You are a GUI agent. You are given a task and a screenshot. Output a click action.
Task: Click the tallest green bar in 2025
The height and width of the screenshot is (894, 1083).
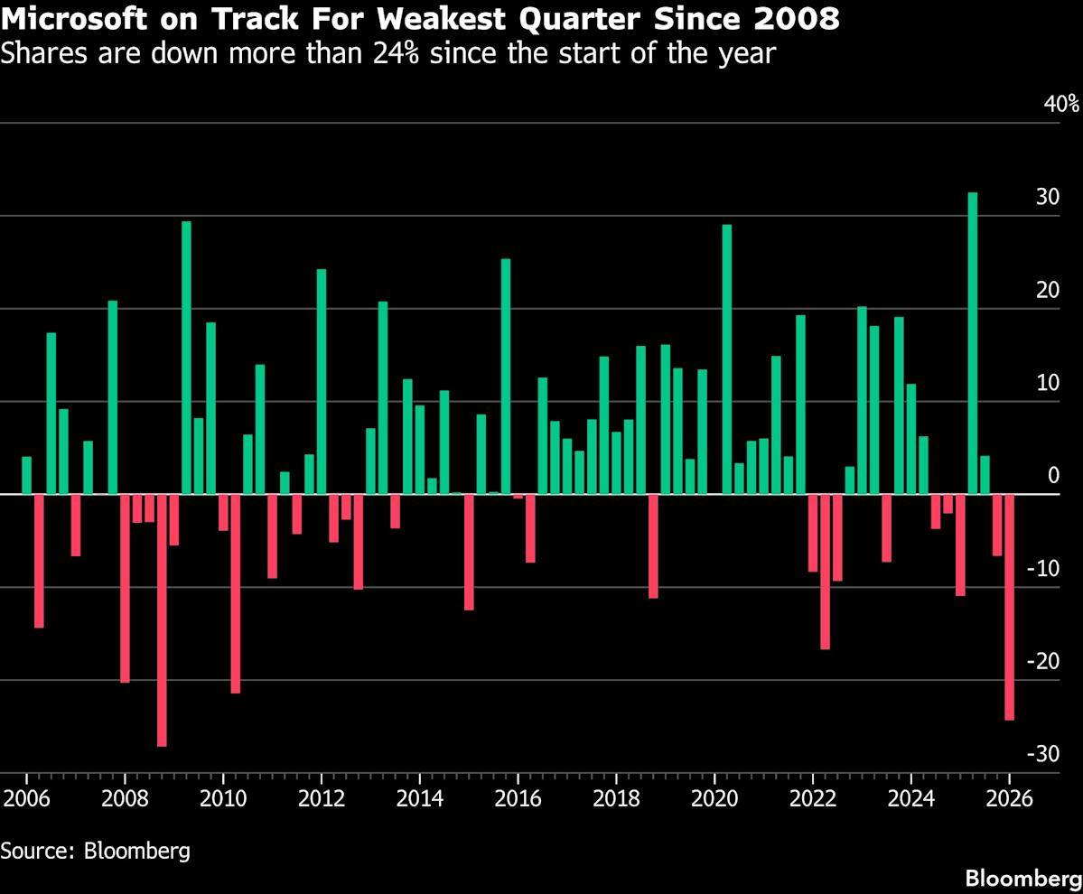(x=972, y=343)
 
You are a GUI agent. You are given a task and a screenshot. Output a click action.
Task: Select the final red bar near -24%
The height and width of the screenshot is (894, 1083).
(x=1009, y=607)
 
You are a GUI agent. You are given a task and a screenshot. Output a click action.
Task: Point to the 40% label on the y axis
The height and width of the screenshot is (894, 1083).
(x=1060, y=103)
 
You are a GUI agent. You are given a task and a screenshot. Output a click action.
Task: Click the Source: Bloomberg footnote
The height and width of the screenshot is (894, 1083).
(x=95, y=851)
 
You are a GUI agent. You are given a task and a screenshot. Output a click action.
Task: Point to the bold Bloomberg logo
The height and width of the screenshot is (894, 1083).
(x=1022, y=878)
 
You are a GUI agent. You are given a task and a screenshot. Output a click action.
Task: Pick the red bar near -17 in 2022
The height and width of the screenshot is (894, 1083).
(x=825, y=572)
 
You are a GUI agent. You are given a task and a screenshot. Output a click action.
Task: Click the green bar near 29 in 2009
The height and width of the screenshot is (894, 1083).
(x=186, y=358)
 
